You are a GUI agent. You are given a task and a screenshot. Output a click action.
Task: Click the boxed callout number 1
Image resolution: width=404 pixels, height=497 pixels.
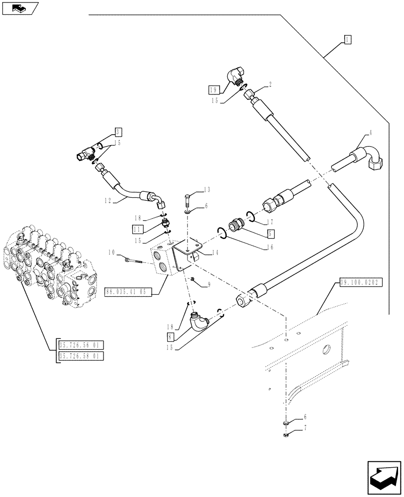(347, 39)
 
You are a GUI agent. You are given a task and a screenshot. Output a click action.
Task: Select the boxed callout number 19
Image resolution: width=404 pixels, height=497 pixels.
(214, 89)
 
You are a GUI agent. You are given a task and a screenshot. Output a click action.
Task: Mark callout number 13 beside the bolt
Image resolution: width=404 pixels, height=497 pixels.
(207, 190)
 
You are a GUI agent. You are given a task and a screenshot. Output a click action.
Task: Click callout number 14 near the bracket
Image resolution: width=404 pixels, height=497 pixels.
(215, 252)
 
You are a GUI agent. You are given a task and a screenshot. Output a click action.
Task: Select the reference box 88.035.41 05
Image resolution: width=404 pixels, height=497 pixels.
(126, 292)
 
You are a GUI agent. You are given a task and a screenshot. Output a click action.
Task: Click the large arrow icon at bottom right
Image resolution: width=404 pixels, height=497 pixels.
(383, 478)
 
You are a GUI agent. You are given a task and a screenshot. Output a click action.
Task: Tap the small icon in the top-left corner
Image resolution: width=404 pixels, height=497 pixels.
(19, 8)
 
